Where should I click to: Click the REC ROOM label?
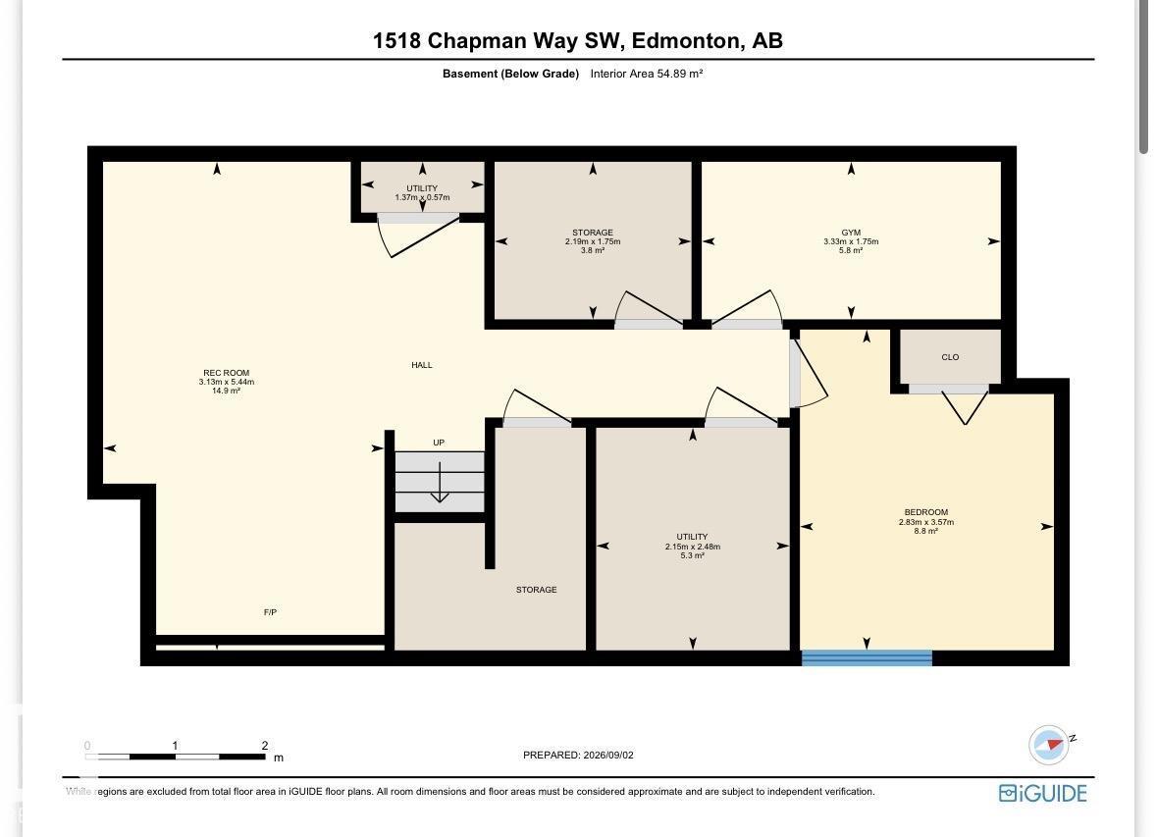click(227, 373)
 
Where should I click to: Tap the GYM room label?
click(851, 233)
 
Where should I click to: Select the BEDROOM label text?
click(926, 512)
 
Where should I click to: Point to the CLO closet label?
click(950, 357)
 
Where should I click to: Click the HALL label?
click(422, 365)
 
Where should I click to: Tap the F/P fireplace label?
click(270, 612)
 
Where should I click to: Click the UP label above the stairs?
click(439, 443)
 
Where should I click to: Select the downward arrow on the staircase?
click(440, 482)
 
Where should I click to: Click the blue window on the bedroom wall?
click(867, 657)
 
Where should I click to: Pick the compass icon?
click(1048, 744)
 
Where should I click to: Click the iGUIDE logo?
click(1042, 794)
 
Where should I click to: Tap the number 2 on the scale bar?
click(264, 746)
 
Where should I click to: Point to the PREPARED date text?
click(579, 756)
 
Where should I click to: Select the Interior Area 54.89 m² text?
click(647, 74)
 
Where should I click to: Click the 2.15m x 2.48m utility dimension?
click(692, 547)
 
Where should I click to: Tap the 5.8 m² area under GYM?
click(851, 250)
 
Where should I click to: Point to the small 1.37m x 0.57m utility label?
click(422, 197)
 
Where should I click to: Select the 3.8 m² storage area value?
click(593, 250)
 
